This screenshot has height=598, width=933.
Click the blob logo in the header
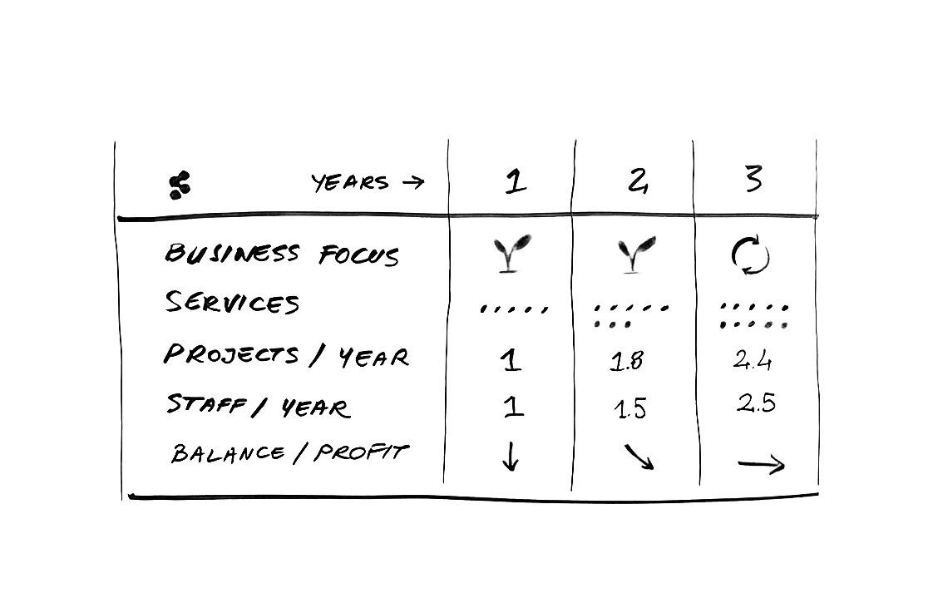pyautogui.click(x=180, y=185)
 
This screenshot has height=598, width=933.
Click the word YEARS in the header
pyautogui.click(x=350, y=183)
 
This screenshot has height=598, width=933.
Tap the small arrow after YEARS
pyautogui.click(x=413, y=182)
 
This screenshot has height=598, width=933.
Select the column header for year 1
pyautogui.click(x=516, y=181)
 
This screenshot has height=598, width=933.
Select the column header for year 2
pyautogui.click(x=637, y=180)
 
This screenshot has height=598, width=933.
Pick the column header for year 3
pyautogui.click(x=753, y=178)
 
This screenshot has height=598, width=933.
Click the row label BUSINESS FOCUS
pyautogui.click(x=281, y=254)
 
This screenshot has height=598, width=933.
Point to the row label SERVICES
pyautogui.click(x=232, y=302)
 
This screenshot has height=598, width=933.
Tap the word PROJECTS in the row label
pyautogui.click(x=231, y=354)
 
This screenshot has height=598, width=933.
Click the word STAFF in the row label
pyautogui.click(x=206, y=404)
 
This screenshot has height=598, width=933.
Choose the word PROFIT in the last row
pyautogui.click(x=362, y=452)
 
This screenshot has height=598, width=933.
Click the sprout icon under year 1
pyautogui.click(x=511, y=254)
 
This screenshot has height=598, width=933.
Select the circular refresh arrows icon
pyautogui.click(x=750, y=256)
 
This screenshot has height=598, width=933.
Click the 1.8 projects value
pyautogui.click(x=626, y=361)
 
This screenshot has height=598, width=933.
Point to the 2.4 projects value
pyautogui.click(x=753, y=360)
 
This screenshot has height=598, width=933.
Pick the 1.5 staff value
pyautogui.click(x=630, y=409)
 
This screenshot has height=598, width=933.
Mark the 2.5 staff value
pyautogui.click(x=756, y=403)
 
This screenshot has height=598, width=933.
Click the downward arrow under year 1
pyautogui.click(x=511, y=457)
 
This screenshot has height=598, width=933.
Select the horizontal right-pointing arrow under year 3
pyautogui.click(x=762, y=465)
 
